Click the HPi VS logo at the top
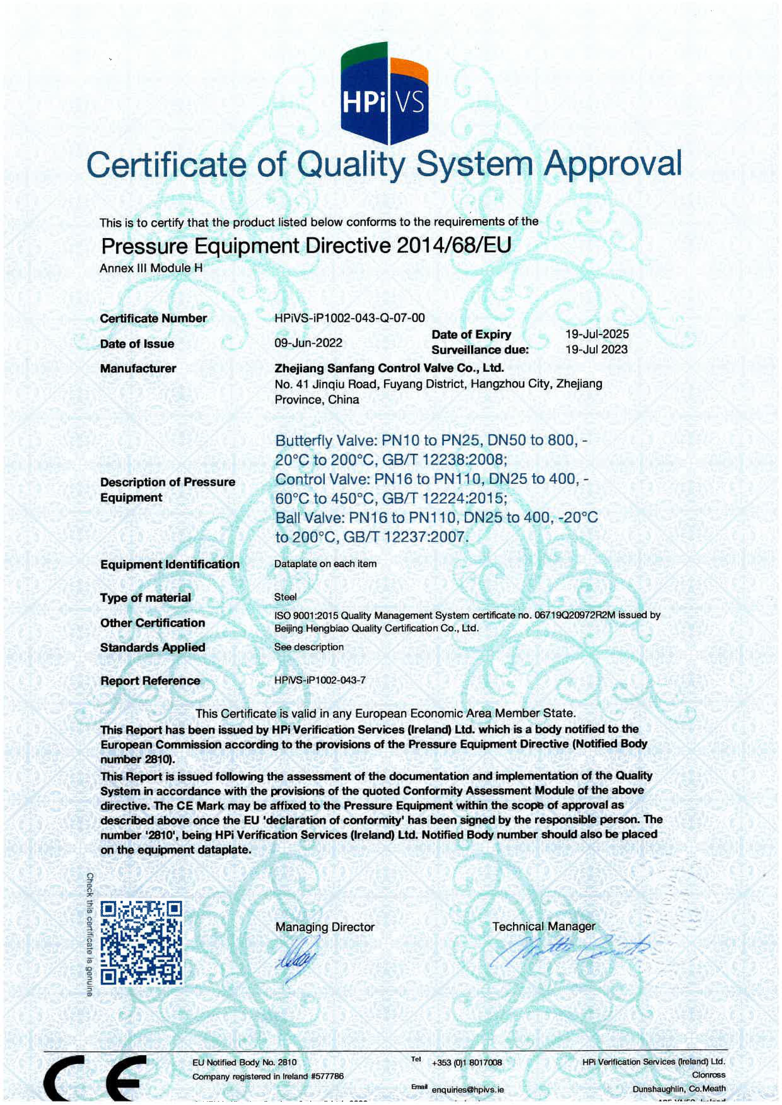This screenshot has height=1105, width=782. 384,94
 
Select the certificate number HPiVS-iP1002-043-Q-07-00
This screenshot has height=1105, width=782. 350,318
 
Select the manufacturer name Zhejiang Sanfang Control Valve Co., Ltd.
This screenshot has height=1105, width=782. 389,368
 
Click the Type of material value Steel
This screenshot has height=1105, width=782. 285,597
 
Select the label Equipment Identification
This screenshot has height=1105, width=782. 170,564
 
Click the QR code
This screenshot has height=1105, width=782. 142,943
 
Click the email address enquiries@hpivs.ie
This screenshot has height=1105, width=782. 468,1089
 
